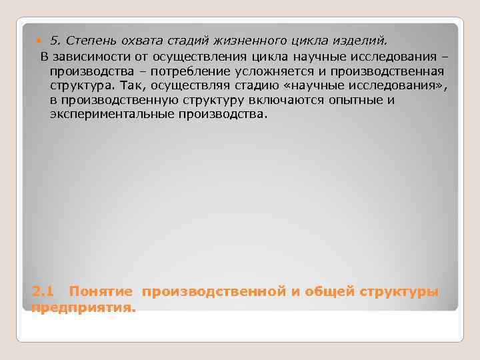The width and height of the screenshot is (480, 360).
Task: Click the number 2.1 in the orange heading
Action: click(x=42, y=292)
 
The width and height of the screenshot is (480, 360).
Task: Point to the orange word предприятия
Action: click(x=83, y=307)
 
